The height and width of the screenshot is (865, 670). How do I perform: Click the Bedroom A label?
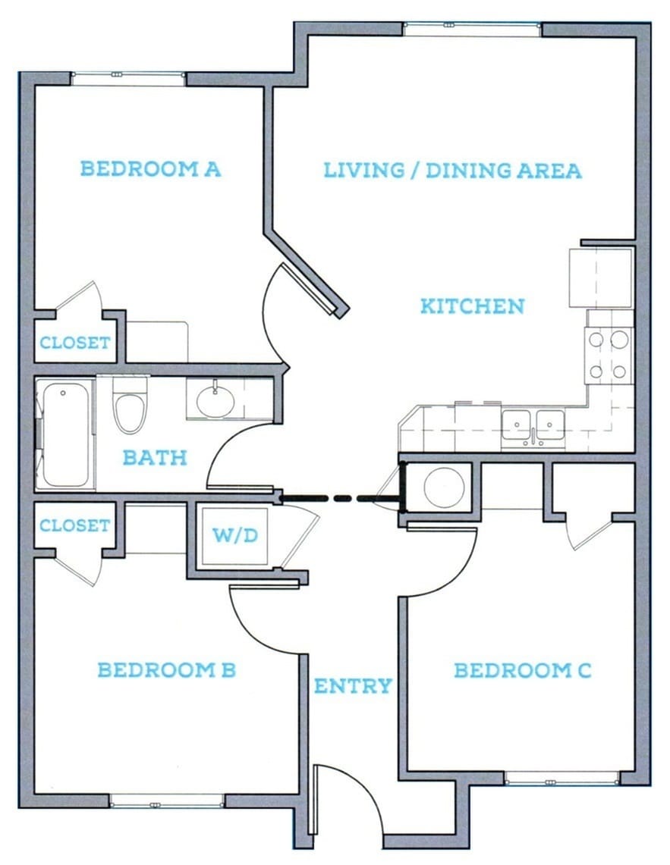point(150,168)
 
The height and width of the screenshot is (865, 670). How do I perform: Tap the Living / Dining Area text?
point(452,170)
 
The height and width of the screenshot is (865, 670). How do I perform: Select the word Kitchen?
point(472,306)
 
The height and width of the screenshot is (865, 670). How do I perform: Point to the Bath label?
point(154,458)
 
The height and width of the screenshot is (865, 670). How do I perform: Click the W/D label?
point(234,536)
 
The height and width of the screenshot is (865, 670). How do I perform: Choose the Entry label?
point(353,686)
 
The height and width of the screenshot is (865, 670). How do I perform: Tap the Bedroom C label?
point(522,670)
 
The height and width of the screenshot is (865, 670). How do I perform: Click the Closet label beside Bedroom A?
point(74,343)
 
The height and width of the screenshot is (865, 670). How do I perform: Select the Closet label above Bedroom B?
point(74,525)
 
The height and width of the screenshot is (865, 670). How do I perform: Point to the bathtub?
point(66,434)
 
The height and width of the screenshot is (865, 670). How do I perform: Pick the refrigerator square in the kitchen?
point(600,277)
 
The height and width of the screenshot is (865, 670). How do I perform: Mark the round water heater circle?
point(443,487)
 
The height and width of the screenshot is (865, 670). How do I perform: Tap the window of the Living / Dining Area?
point(472,29)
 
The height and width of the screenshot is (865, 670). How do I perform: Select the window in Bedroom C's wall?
point(561,778)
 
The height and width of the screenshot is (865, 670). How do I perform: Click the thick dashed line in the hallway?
point(339,498)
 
